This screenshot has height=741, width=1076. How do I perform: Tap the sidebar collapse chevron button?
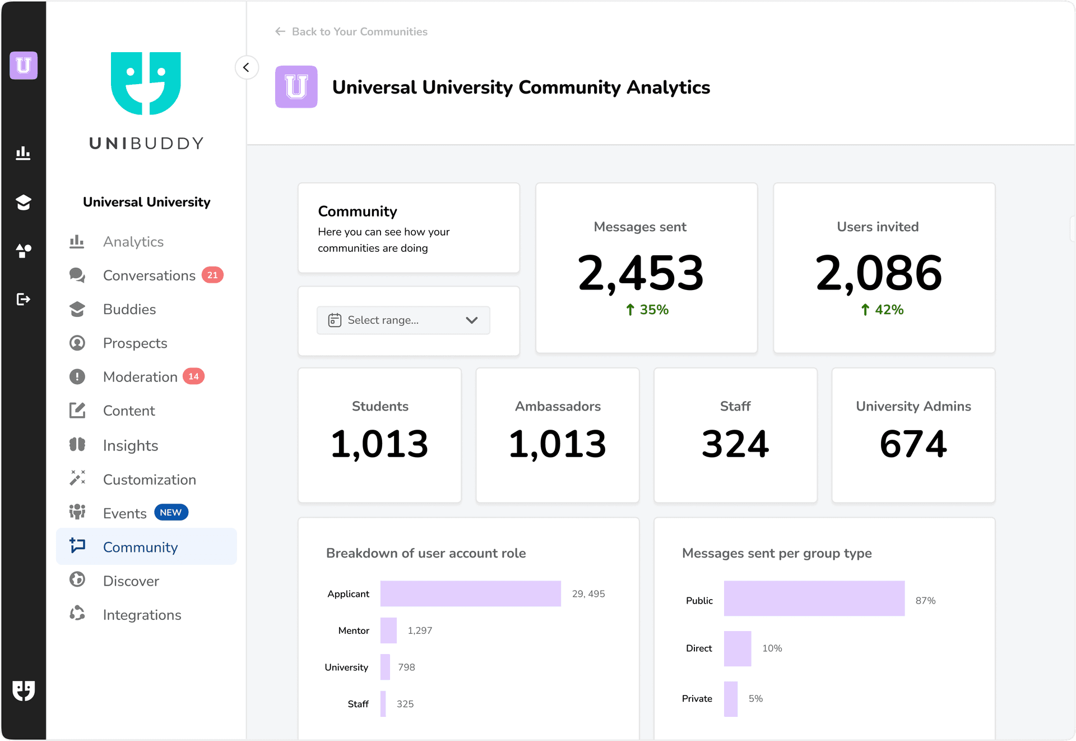click(246, 67)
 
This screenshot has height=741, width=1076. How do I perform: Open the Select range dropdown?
click(403, 320)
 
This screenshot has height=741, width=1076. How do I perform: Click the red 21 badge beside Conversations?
click(212, 275)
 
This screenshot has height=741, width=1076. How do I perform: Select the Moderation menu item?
click(140, 377)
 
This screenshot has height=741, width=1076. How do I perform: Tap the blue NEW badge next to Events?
click(171, 513)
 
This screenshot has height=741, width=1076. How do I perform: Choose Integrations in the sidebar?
click(142, 615)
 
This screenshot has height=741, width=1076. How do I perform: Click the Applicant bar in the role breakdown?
click(470, 593)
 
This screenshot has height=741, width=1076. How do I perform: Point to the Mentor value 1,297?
click(420, 630)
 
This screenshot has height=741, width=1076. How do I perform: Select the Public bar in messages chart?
click(814, 599)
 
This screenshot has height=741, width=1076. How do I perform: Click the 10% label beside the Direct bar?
click(772, 648)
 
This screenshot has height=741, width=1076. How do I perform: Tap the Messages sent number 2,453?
click(641, 273)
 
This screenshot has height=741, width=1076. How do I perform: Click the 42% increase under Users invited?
click(882, 310)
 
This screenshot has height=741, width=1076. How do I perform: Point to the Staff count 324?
click(735, 444)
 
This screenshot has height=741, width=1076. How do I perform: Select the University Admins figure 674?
click(913, 444)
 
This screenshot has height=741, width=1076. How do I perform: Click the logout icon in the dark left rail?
click(23, 299)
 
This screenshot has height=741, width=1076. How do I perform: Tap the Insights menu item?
click(130, 446)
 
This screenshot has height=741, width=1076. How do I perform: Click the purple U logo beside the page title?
click(296, 87)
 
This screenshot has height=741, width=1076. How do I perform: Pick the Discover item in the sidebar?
click(131, 581)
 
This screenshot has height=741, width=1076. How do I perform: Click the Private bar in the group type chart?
click(730, 699)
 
